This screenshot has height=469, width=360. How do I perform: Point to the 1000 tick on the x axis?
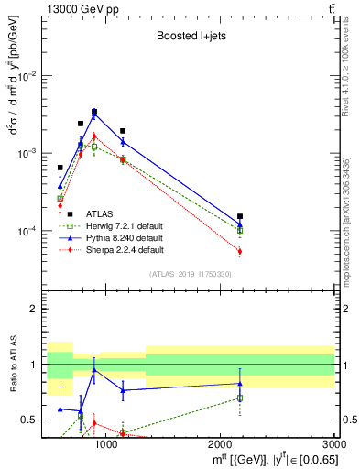[106, 443]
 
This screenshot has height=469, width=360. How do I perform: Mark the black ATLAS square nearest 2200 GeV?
[240, 216]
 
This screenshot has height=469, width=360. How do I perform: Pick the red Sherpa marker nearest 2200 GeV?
[240, 251]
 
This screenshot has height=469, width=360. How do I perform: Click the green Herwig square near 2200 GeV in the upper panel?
[240, 230]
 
